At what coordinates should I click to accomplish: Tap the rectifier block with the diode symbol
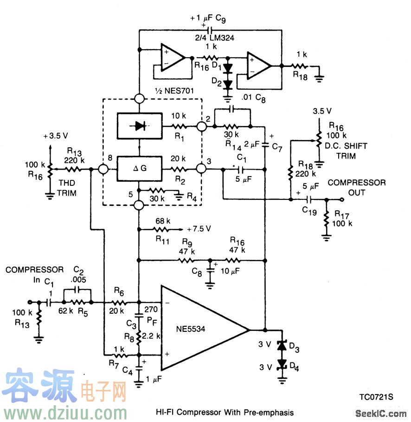tap(140, 126)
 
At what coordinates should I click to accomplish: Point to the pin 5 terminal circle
tap(139, 205)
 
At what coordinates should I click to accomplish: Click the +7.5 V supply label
tap(199, 229)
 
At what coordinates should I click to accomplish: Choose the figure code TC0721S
tap(375, 397)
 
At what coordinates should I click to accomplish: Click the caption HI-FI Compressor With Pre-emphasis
tap(225, 412)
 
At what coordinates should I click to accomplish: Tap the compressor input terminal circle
tap(31, 301)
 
